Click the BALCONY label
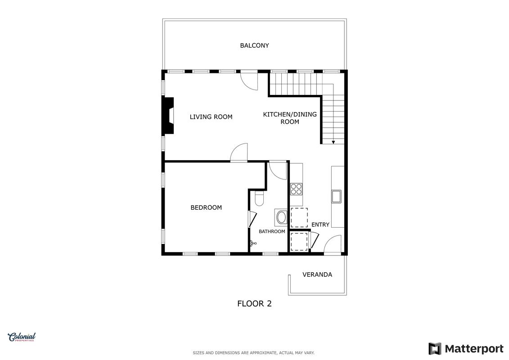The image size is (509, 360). (255, 45)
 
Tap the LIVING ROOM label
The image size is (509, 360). (211, 117)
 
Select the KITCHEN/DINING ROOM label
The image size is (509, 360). (290, 118)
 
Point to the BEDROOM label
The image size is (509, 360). (206, 207)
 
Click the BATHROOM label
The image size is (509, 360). (272, 231)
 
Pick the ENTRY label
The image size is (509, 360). (320, 225)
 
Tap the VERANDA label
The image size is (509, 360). (317, 274)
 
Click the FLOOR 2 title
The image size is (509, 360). (255, 303)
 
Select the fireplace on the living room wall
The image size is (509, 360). (169, 116)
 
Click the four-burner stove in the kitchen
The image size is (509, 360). (297, 189)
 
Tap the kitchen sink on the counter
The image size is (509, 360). (336, 196)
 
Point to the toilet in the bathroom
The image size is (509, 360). (259, 198)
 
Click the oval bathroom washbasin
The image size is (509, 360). (281, 217)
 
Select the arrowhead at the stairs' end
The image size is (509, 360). (333, 143)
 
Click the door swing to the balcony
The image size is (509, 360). (249, 81)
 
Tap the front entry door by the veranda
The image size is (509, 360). (333, 243)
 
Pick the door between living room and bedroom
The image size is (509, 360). (239, 152)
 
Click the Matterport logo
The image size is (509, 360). (466, 349)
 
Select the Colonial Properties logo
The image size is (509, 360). (22, 337)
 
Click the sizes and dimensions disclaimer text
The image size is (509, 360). (253, 353)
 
